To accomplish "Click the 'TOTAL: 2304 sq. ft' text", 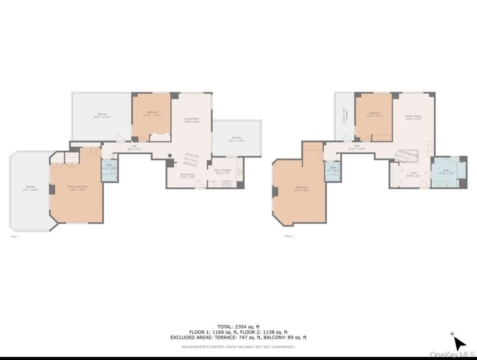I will (x=238, y=327).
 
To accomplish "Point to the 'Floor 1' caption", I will (x=15, y=237).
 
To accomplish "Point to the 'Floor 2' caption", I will (x=288, y=236).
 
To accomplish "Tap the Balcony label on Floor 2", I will (x=344, y=116).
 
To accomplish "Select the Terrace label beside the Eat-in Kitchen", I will (x=236, y=139).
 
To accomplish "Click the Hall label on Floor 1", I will (x=134, y=147).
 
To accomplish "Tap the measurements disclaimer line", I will (x=238, y=347).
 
